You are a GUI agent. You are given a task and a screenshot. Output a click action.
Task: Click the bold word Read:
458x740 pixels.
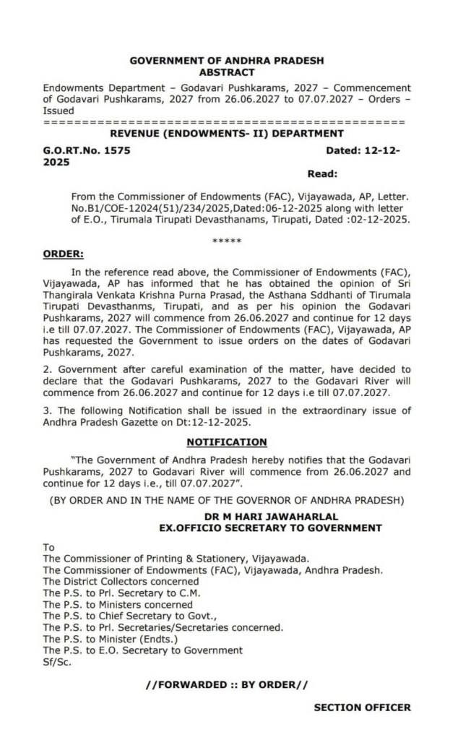(x=322, y=174)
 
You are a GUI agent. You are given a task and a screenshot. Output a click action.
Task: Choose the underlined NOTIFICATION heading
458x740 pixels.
(x=227, y=442)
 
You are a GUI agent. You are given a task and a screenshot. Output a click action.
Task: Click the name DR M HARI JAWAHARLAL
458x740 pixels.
(x=270, y=517)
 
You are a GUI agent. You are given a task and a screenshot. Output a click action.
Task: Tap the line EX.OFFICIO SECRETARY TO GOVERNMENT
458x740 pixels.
(x=270, y=528)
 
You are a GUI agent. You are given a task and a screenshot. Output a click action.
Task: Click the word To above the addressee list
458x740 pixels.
(x=49, y=548)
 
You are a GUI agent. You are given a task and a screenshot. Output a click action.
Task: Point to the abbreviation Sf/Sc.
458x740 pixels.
(x=56, y=661)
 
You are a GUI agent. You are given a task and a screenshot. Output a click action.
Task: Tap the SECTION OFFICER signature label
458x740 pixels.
(x=362, y=707)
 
